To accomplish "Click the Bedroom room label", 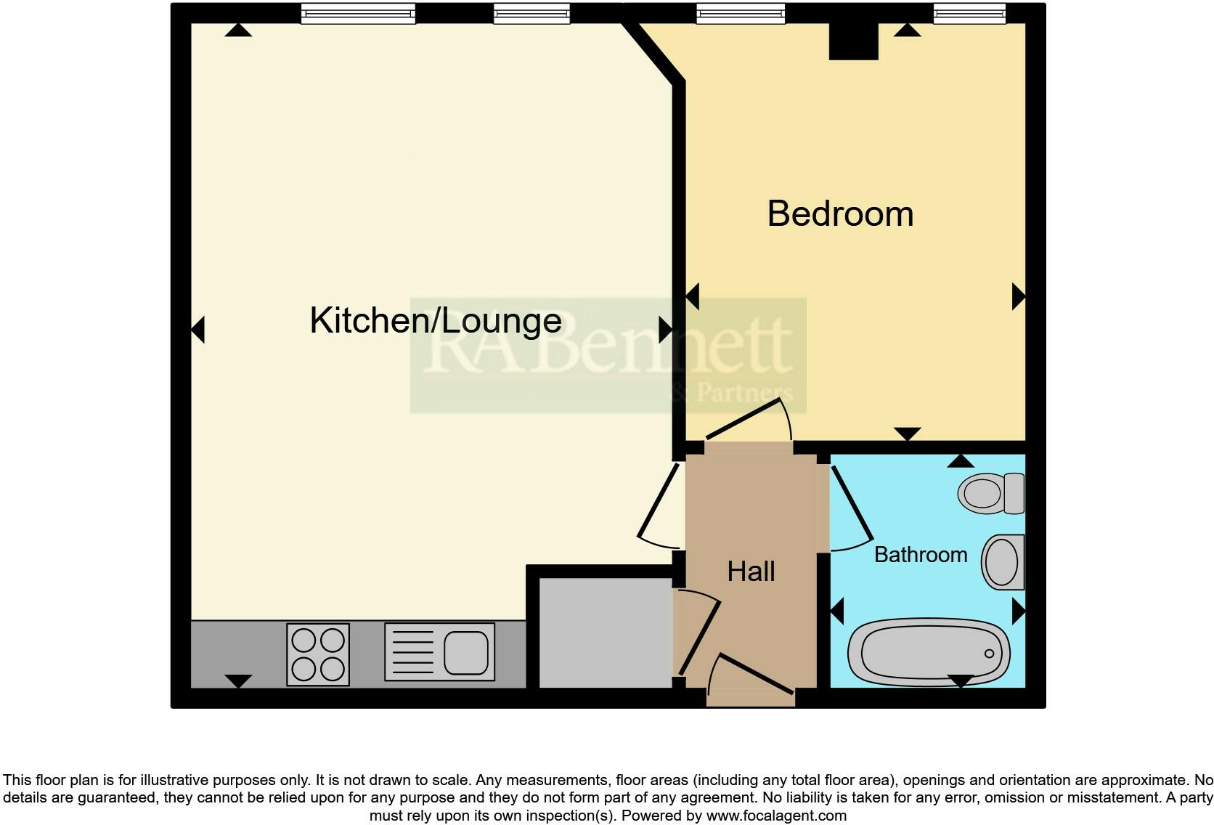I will point(840,214).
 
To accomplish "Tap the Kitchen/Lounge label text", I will point(436,321).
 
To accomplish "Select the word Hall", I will point(751,572).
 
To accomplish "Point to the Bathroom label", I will point(920,555).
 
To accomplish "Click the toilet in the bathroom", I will point(990,493).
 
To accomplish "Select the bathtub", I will point(929,651).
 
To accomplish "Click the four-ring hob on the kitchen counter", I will point(318,654).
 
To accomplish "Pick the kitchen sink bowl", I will point(465,651).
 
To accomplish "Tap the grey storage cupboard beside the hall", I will point(605,632).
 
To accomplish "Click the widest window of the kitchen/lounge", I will point(358,13).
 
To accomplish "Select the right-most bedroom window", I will point(969,13).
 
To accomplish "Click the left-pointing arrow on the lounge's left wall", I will point(197,330).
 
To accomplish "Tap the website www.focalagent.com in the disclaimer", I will point(776,816).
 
